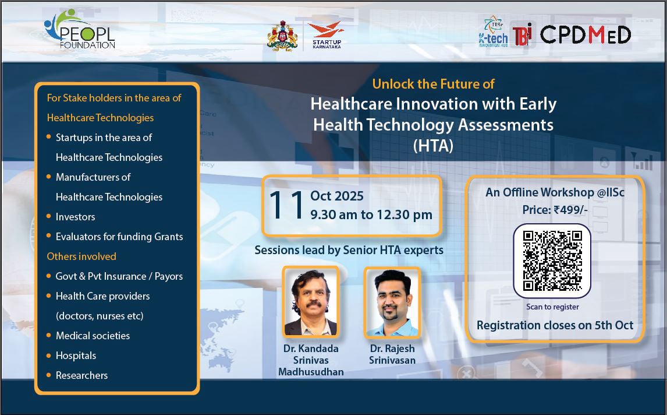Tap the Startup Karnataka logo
[326, 35]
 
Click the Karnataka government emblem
[282, 36]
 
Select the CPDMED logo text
[585, 35]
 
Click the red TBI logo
[523, 35]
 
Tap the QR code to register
[552, 261]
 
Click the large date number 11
[286, 205]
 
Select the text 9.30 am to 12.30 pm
[371, 214]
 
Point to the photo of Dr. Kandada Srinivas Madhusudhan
[310, 302]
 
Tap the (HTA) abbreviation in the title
[432, 146]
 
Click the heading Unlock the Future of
[433, 84]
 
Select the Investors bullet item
[75, 217]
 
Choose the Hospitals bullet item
[76, 356]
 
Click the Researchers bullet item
[81, 375]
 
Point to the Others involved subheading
[81, 256]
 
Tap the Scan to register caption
[552, 307]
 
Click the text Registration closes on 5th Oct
[555, 325]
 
